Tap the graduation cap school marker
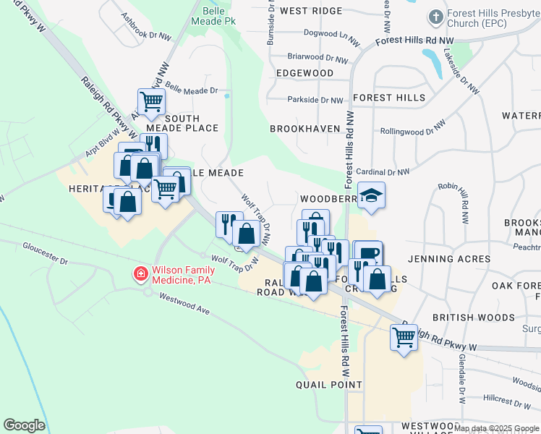click(x=371, y=196)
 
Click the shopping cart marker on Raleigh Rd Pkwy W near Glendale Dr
click(x=404, y=336)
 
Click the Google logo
click(x=24, y=425)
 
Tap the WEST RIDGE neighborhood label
click(x=310, y=11)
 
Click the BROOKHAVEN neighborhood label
click(x=304, y=128)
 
